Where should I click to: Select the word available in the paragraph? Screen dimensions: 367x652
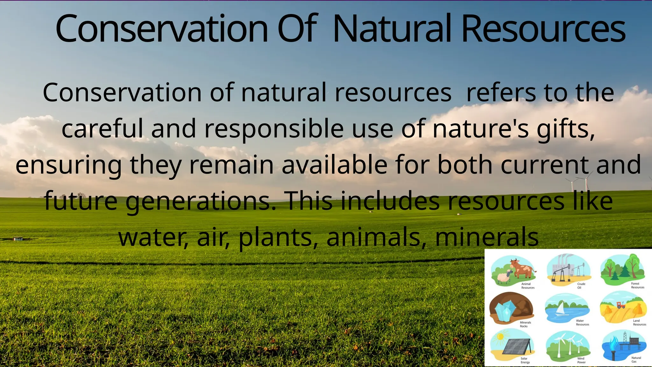click(x=334, y=165)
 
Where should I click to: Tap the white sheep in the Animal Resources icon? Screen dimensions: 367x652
click(x=503, y=277)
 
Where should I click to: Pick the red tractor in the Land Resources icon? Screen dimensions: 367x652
click(x=621, y=305)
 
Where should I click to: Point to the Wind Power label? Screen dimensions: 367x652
click(x=581, y=360)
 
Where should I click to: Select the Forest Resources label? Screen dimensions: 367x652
click(x=637, y=285)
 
